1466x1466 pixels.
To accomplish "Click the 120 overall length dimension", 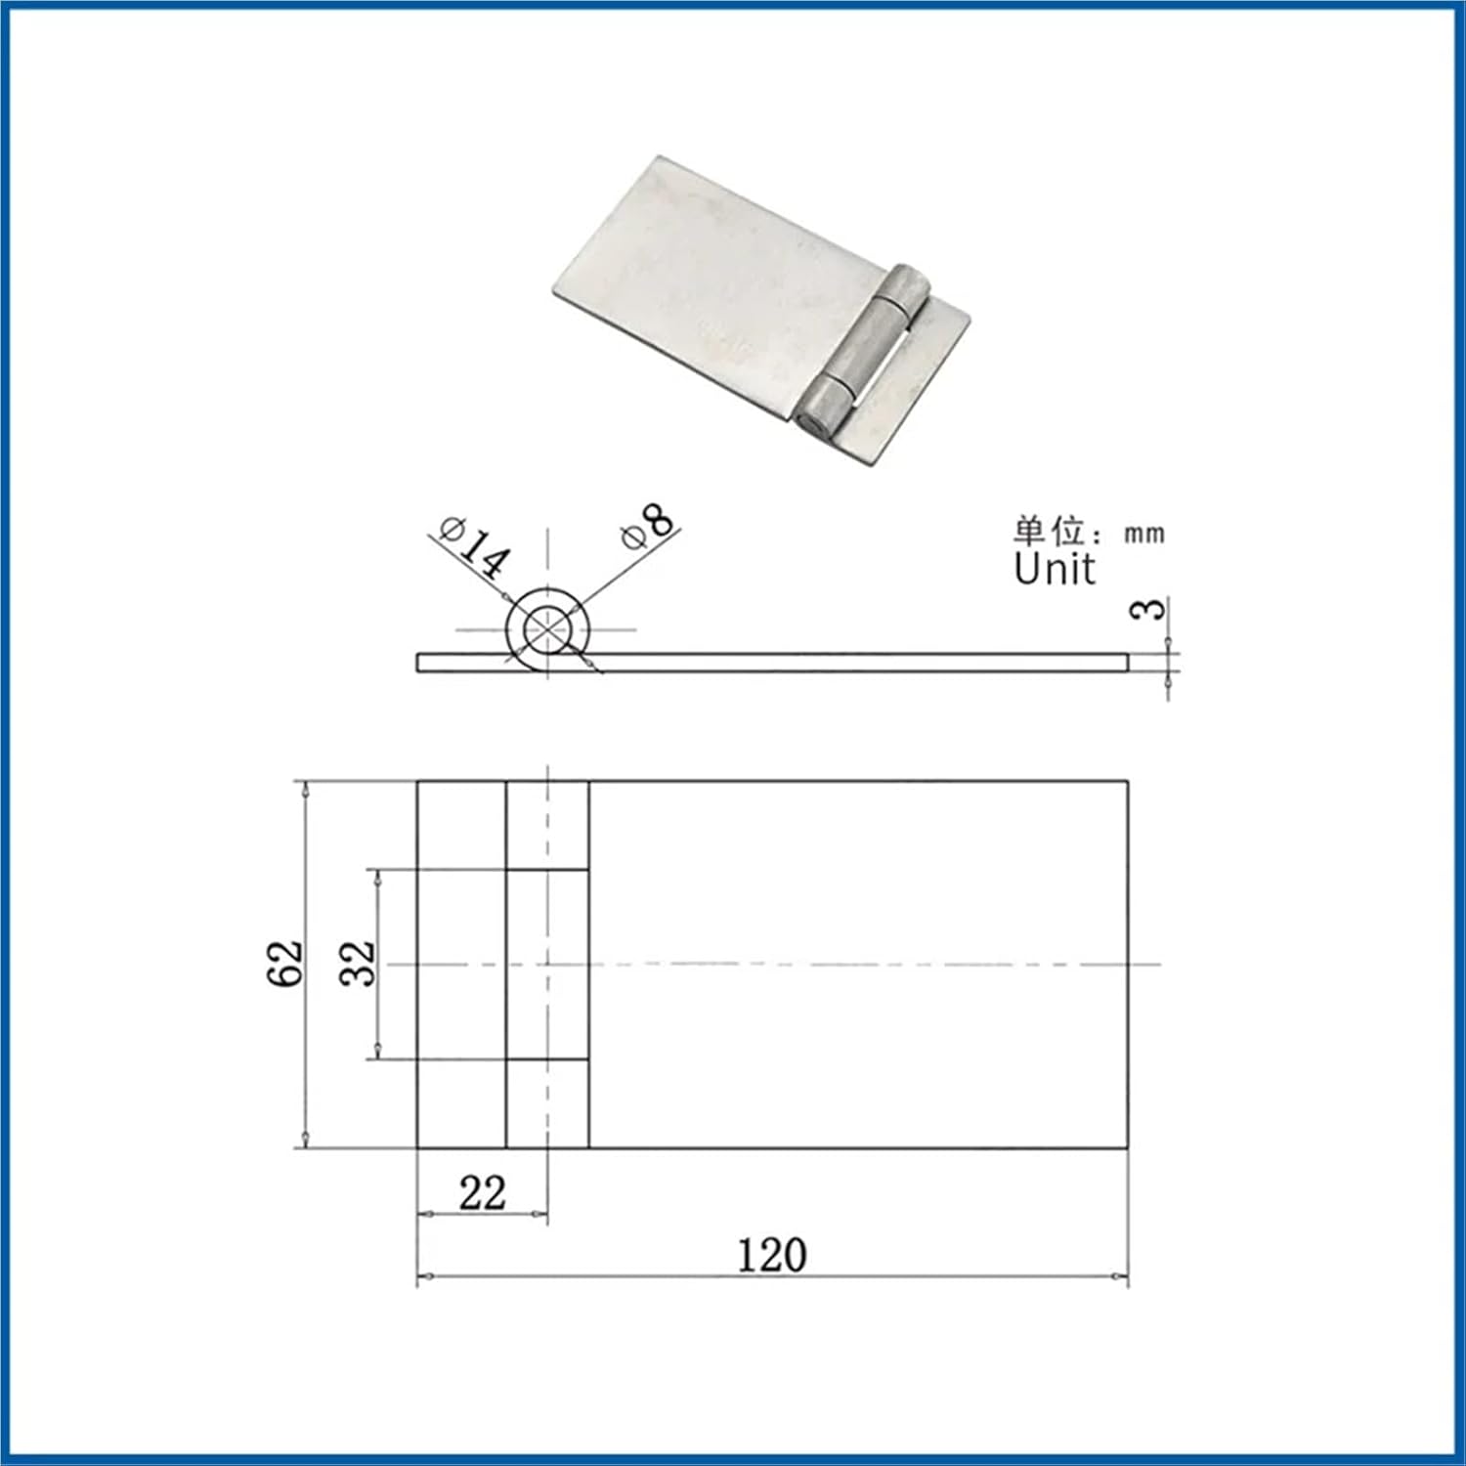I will [771, 1256].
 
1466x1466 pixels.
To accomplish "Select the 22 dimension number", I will [482, 1193].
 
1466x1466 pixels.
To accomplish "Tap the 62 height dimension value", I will [285, 965].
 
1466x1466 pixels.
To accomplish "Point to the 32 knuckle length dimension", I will [358, 964].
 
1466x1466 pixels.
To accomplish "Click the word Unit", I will [1054, 570].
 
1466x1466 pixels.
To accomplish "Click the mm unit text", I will [1143, 534].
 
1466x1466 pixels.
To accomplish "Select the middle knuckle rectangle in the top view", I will [547, 964].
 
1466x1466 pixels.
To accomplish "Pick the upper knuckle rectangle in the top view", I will [547, 825].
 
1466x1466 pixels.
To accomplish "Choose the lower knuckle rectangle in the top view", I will [547, 1103].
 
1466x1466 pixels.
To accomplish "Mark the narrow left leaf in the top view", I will [461, 964].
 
